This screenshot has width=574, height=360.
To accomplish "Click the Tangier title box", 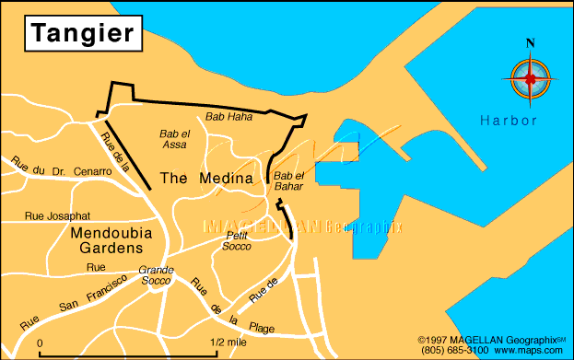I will click(83, 33).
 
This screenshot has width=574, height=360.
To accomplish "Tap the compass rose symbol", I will click(529, 79).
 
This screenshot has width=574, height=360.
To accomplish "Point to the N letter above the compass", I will click(530, 43).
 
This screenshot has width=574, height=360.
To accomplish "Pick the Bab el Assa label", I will click(174, 139).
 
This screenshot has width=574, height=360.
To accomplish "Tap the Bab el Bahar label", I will click(288, 180).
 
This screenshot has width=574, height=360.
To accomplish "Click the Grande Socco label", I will click(156, 274).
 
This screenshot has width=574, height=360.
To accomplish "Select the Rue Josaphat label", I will click(57, 217).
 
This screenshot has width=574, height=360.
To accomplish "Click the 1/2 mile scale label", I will click(228, 343).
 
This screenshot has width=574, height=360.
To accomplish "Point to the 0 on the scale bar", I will click(41, 343).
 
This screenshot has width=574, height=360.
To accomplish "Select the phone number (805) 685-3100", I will click(458, 350).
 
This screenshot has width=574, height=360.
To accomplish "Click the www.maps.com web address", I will click(528, 350).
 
